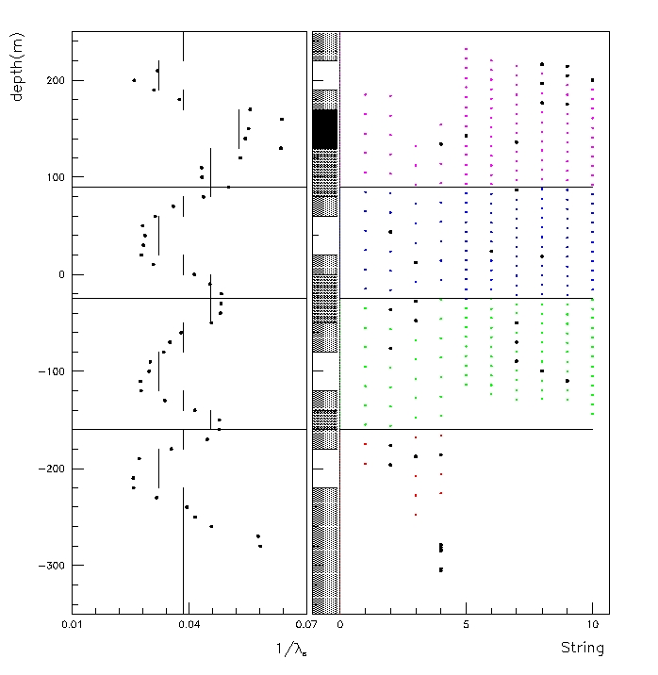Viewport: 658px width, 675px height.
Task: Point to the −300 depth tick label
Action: pos(46,566)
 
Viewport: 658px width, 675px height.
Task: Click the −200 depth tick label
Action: pos(46,469)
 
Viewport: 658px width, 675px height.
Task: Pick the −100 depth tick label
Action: pos(46,371)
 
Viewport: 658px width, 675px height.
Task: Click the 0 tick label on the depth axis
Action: pos(58,275)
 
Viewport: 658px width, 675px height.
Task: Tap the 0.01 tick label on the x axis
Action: pos(72,624)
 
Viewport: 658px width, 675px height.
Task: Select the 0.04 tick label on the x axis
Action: pos(189,624)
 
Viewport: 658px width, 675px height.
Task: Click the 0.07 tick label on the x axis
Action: pos(305,624)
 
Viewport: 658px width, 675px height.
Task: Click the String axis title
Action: pos(582,648)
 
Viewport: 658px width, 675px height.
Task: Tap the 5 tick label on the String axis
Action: pos(466,624)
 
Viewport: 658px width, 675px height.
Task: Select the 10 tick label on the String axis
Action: pos(592,624)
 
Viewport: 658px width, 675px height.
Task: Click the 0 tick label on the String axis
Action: pos(339,624)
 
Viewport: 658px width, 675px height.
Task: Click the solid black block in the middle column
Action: pos(324,128)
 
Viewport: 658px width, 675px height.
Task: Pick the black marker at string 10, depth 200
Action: pos(592,80)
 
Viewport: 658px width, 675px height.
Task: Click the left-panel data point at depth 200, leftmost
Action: pos(134,80)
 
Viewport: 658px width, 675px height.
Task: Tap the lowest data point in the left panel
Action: pos(260,546)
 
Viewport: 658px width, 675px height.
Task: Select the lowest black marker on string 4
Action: pos(440,569)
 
